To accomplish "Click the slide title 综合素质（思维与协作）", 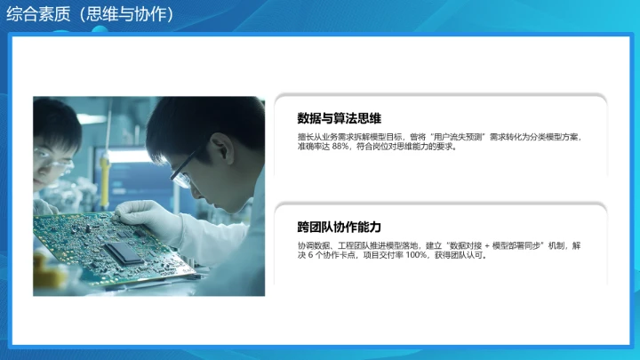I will coord(89,15).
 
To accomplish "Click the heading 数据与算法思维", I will coord(340,118).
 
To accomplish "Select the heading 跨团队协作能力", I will coord(340,227).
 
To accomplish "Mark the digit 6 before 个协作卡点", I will coord(314,256).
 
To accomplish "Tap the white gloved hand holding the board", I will coord(142,212).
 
